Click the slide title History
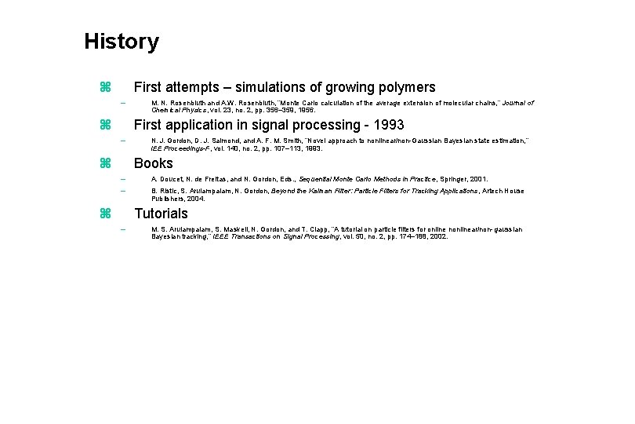tap(122, 42)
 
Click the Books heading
tap(154, 163)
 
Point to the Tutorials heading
tap(161, 214)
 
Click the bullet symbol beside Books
tap(107, 163)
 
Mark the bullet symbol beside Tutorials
tap(107, 214)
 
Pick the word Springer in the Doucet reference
tap(449, 179)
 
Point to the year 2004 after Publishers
tap(194, 199)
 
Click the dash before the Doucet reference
tap(122, 179)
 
